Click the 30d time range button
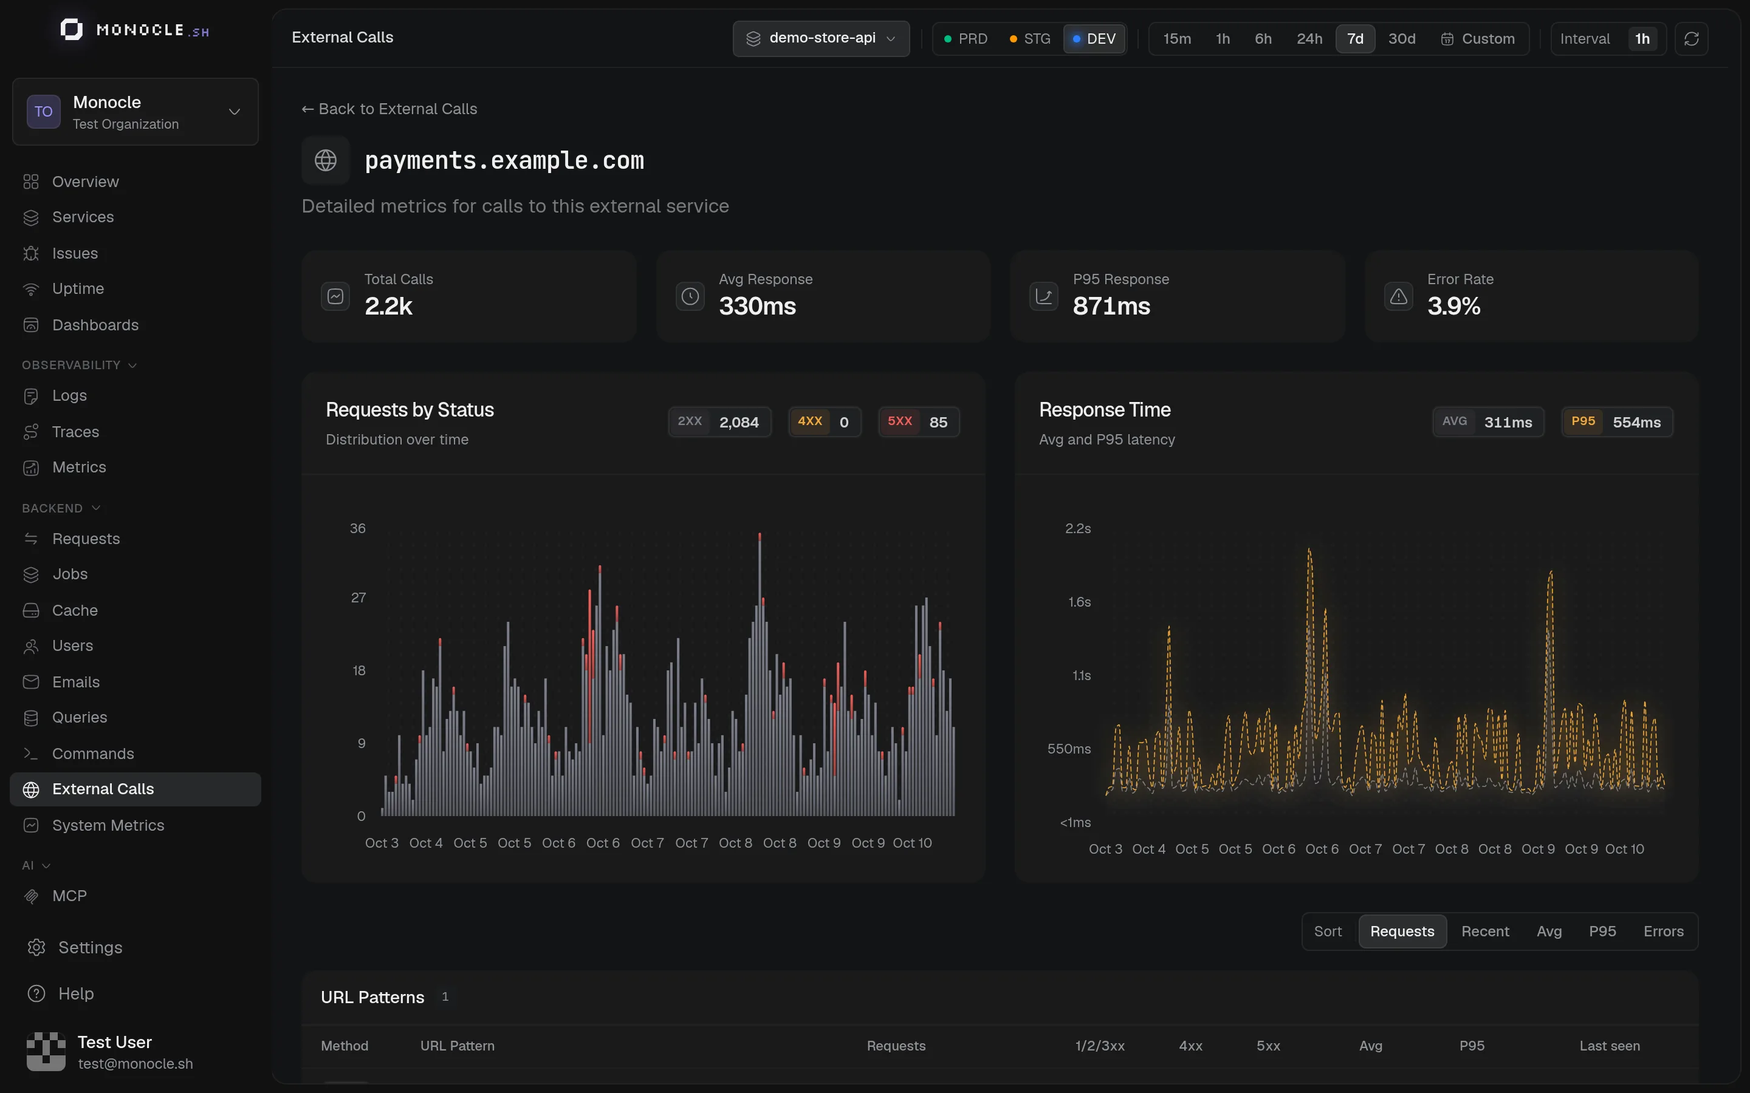(x=1401, y=39)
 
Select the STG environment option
(x=1030, y=39)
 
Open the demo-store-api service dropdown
(x=821, y=38)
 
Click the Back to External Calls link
(x=389, y=109)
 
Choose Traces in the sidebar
(x=75, y=432)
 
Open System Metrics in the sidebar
(x=108, y=826)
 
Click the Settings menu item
(x=90, y=948)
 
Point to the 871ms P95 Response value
(x=1111, y=307)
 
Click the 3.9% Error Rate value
(x=1453, y=307)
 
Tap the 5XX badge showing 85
(x=918, y=422)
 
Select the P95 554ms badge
(x=1617, y=422)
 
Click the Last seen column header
(x=1609, y=1046)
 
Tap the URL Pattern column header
(x=457, y=1046)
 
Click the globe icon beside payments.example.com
(x=326, y=160)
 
